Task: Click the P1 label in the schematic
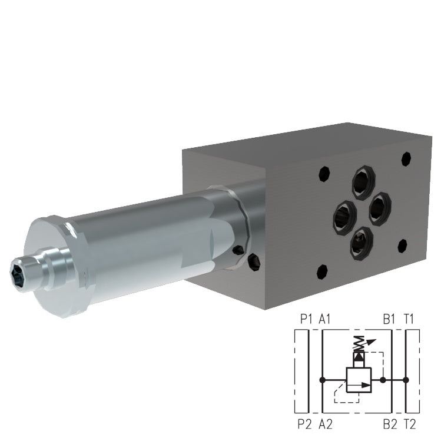[x=304, y=320]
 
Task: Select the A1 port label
[x=325, y=320]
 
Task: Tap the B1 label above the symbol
[x=389, y=320]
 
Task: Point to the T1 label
[x=410, y=320]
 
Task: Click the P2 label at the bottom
[x=304, y=423]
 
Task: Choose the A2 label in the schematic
[x=325, y=423]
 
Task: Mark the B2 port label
[x=389, y=423]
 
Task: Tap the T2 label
[x=410, y=423]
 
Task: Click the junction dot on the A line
[x=321, y=380]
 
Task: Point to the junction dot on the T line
[x=404, y=380]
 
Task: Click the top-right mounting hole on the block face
[x=405, y=158]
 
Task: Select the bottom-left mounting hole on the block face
[x=321, y=271]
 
